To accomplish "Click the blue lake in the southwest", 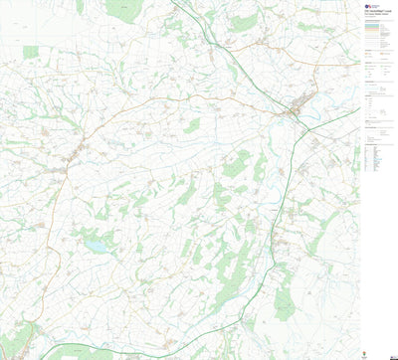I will [97, 244].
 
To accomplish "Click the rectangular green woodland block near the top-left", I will [30, 52].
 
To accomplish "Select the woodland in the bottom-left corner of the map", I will [15, 338].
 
